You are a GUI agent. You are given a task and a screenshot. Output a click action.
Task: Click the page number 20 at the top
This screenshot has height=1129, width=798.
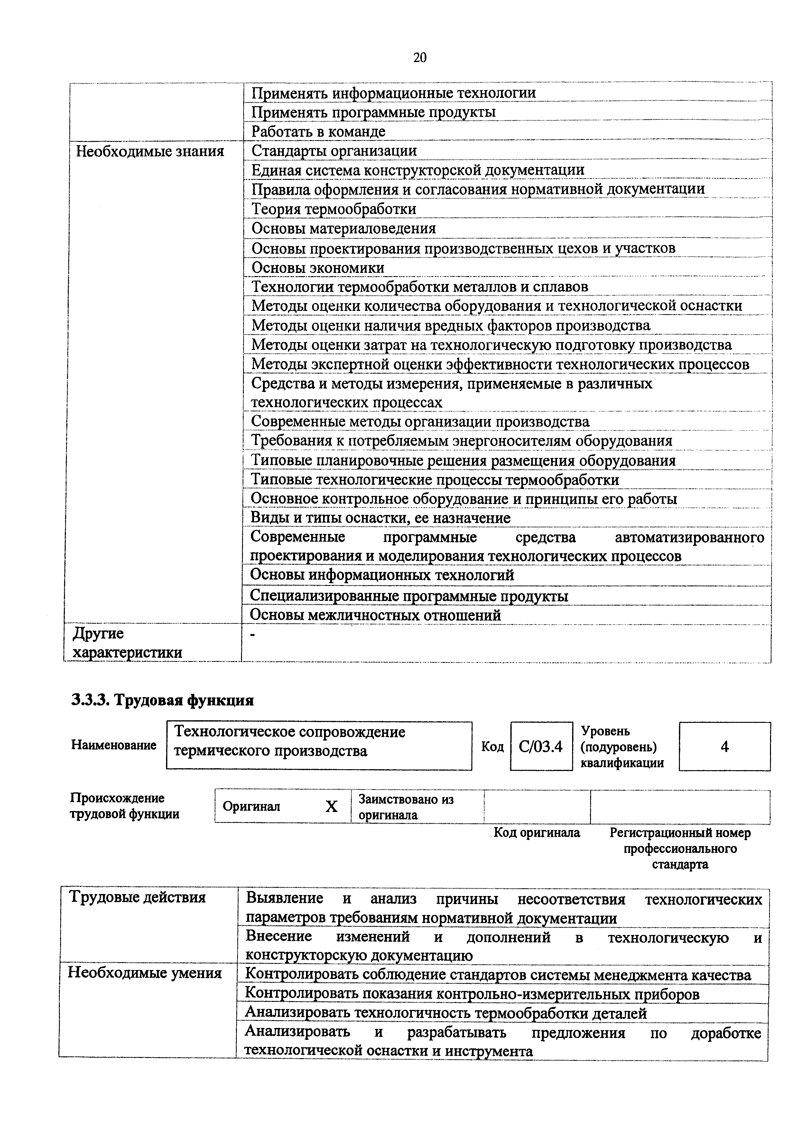click(x=419, y=58)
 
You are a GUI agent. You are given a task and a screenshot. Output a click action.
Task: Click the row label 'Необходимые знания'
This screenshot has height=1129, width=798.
click(x=150, y=151)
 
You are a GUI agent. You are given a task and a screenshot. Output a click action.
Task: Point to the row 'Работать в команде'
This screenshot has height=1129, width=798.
click(x=319, y=132)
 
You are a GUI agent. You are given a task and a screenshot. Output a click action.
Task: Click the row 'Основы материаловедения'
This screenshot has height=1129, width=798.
click(x=344, y=228)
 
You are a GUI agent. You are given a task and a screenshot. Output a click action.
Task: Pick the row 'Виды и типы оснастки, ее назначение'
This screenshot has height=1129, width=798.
click(x=381, y=518)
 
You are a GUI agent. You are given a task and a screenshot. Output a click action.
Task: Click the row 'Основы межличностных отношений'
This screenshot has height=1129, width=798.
click(x=376, y=615)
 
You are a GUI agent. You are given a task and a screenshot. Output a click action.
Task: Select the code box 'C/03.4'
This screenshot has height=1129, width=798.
click(x=541, y=746)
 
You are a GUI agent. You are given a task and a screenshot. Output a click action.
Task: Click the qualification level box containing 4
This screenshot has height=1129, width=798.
click(x=724, y=746)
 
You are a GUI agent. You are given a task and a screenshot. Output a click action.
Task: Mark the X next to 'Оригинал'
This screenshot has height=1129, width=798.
click(x=332, y=807)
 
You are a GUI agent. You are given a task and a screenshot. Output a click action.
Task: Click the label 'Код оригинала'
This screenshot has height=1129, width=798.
click(x=537, y=833)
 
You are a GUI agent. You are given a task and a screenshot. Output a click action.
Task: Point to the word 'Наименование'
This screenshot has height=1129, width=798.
click(x=114, y=745)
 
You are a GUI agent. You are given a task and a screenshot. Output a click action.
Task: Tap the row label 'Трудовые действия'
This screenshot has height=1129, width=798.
click(x=138, y=897)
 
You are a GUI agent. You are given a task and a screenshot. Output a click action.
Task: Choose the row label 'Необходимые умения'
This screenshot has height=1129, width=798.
click(x=144, y=973)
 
